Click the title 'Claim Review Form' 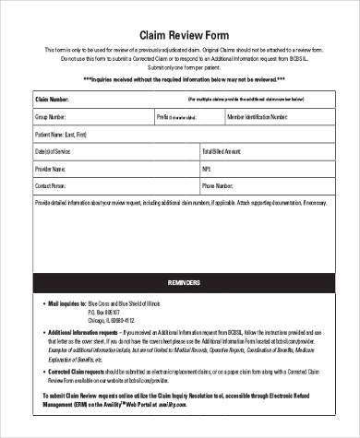click(180, 28)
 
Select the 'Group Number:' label click(53, 117)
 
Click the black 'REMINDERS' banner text click(180, 278)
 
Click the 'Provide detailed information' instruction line click(180, 201)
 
